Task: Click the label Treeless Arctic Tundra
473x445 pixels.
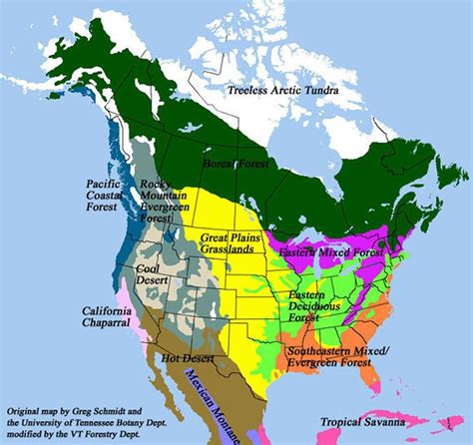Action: coord(282,92)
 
